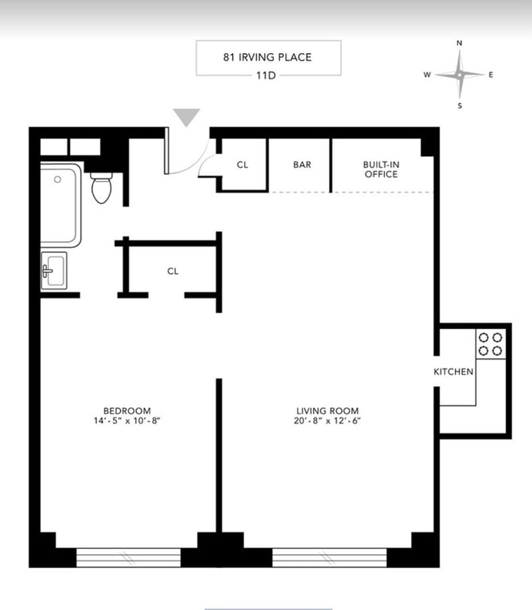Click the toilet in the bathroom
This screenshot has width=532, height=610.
tap(102, 188)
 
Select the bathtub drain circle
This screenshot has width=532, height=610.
tap(58, 179)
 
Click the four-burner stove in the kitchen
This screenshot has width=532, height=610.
tap(490, 344)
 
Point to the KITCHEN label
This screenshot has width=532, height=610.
tap(454, 372)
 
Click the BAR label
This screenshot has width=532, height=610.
tap(302, 165)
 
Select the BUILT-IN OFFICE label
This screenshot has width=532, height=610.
tap(381, 169)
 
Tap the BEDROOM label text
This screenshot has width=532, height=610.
tap(127, 411)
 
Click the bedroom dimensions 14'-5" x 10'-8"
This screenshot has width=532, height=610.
tap(127, 421)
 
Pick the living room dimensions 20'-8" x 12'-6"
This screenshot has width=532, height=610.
tap(327, 421)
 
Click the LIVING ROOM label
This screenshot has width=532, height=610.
tap(327, 411)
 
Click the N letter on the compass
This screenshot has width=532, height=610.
tap(460, 43)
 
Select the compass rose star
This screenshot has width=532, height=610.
tap(460, 74)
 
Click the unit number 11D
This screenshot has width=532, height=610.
tap(266, 76)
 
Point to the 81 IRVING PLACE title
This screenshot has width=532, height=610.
tap(267, 57)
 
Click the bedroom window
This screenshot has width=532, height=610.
tap(128, 558)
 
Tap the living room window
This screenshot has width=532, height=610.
tap(329, 558)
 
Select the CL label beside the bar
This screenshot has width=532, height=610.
tap(242, 165)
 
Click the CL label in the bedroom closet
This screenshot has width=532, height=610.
tap(173, 271)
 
